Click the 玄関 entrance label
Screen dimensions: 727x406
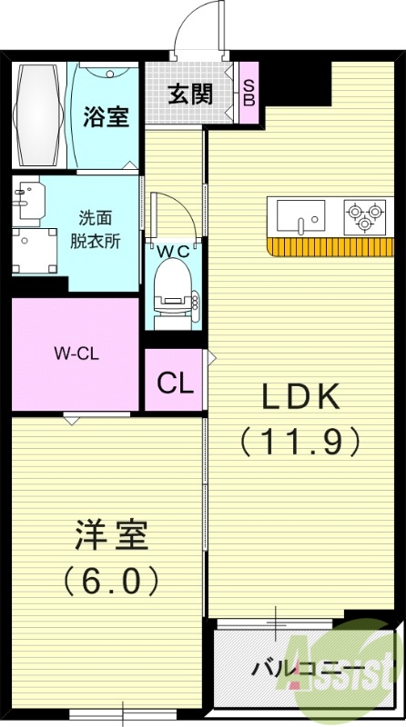(190, 94)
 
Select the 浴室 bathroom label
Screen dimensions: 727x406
(107, 115)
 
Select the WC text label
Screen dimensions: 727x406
(172, 249)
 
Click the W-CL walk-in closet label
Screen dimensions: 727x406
(75, 353)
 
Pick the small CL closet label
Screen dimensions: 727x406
(175, 382)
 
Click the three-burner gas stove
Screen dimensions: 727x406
(363, 217)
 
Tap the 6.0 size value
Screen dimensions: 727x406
(111, 579)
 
